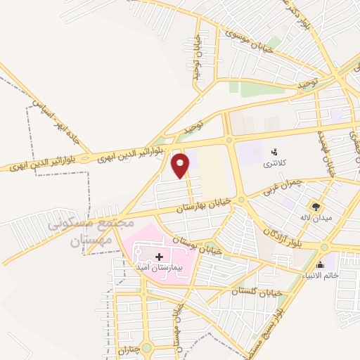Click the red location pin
coord(181,166)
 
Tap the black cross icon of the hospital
coord(159,257)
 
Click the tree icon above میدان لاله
coord(317,207)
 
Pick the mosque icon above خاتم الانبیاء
coord(321,264)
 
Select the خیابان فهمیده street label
coord(325,152)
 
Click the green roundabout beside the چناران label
coord(146,347)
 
